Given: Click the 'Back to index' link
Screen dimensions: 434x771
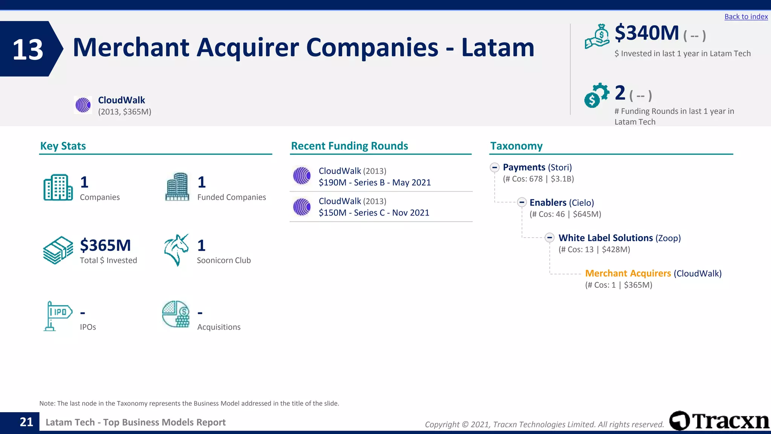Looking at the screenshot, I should pyautogui.click(x=746, y=17).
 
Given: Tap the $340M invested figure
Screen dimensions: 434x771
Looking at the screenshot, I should pyautogui.click(x=647, y=33).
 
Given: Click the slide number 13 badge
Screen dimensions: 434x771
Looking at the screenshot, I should pyautogui.click(x=28, y=49).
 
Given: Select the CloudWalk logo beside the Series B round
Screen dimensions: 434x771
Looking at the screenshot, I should pyautogui.click(x=302, y=176).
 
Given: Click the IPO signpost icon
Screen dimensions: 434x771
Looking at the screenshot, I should pyautogui.click(x=58, y=316).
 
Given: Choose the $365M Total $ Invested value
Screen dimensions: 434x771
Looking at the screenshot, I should pyautogui.click(x=105, y=245).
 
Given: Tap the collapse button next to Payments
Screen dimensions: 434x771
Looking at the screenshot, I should pyautogui.click(x=495, y=167).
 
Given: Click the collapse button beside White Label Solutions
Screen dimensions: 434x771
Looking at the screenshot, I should pyautogui.click(x=550, y=238).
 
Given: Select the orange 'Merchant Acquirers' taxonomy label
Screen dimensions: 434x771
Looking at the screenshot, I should pyautogui.click(x=628, y=273).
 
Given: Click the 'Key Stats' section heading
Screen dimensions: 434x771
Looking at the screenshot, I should pyautogui.click(x=63, y=146).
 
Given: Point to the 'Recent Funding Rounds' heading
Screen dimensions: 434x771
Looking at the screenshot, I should pyautogui.click(x=349, y=146).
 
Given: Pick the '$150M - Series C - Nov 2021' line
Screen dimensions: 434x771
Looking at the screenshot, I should pyautogui.click(x=374, y=213).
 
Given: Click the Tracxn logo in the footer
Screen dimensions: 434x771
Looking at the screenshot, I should pyautogui.click(x=719, y=420).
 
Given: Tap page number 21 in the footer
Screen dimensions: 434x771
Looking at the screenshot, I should pyautogui.click(x=26, y=422).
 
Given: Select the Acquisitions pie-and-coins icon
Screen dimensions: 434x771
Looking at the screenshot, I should pyautogui.click(x=176, y=314).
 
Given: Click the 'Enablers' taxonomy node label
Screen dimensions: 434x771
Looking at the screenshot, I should pyautogui.click(x=548, y=203).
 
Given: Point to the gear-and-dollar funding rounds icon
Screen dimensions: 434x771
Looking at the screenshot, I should pyautogui.click(x=596, y=95).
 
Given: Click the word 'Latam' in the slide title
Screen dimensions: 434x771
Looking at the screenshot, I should pyautogui.click(x=498, y=47).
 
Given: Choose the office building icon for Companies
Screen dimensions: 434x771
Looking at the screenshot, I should pyautogui.click(x=58, y=187).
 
